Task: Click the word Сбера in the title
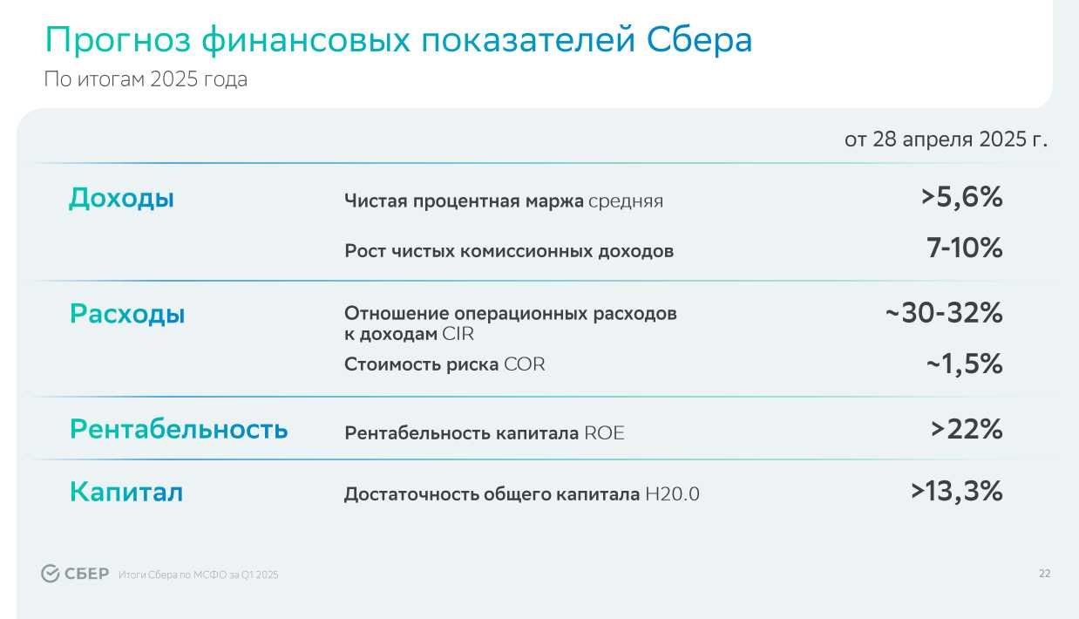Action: [x=699, y=39]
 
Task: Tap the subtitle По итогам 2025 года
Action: [x=146, y=79]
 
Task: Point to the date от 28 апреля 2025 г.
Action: [x=946, y=139]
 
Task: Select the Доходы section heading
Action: [x=121, y=198]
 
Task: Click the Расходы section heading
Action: [x=127, y=314]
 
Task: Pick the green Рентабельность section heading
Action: [x=179, y=429]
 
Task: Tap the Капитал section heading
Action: [x=126, y=492]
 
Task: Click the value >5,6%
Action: [x=962, y=198]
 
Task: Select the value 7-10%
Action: [x=964, y=248]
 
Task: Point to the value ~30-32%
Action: [x=944, y=313]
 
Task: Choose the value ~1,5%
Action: [x=964, y=364]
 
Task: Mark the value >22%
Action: [x=967, y=429]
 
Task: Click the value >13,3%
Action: [x=957, y=492]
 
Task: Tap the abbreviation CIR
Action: [x=458, y=334]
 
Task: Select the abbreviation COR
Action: [x=525, y=364]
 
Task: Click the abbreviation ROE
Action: [x=605, y=433]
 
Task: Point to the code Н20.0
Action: [x=673, y=494]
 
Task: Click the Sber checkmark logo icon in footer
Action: [x=50, y=574]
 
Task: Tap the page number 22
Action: [x=1045, y=574]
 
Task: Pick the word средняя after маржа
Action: [x=626, y=201]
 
